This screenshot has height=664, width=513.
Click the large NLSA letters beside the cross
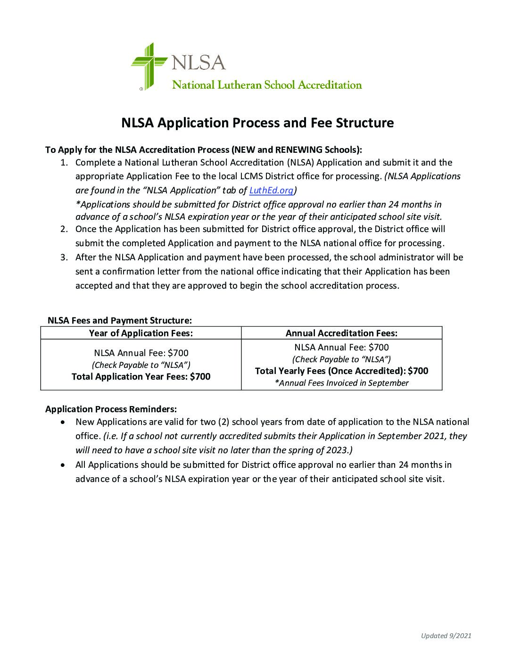(x=198, y=62)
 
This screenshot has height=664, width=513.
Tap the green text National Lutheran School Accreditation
(x=267, y=85)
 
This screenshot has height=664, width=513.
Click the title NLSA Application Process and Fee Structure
(x=257, y=123)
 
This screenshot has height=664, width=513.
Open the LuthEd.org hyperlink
(x=271, y=191)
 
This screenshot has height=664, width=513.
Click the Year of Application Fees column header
(x=141, y=333)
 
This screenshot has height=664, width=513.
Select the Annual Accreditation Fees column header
(x=341, y=333)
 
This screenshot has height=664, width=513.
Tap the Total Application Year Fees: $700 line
(x=141, y=376)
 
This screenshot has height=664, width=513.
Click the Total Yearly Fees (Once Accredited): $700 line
(x=341, y=371)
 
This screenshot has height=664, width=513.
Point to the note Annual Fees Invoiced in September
(x=341, y=383)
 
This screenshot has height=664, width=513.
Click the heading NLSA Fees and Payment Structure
(x=120, y=321)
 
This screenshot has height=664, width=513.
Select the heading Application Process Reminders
(x=111, y=409)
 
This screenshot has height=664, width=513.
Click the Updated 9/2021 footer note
(x=446, y=636)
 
